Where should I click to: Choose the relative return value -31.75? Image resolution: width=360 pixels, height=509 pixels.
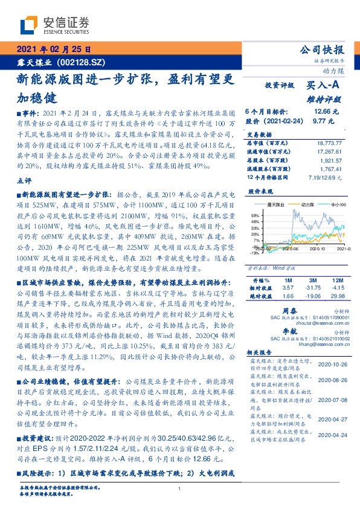(x=312, y=288)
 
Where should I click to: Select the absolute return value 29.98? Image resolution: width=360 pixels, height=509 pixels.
(x=336, y=296)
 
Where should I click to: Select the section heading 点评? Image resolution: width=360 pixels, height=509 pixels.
(x=24, y=180)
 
